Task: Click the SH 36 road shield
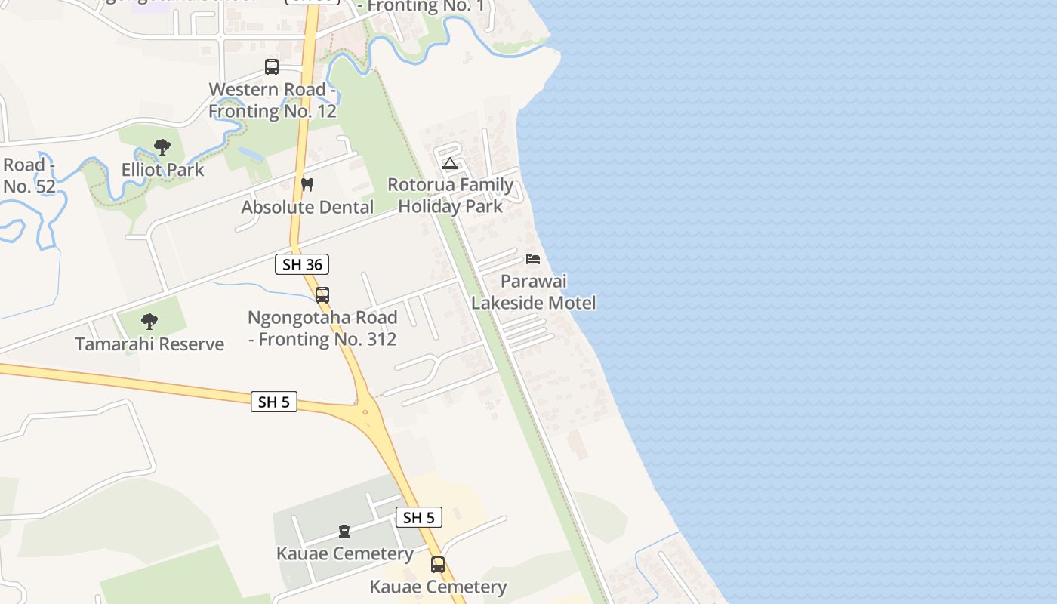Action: [x=302, y=264]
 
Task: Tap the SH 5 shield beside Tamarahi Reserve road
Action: [x=273, y=402]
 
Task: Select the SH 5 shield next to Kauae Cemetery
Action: [x=419, y=517]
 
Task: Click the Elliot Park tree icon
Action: [x=162, y=147]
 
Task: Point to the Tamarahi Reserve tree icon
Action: [x=149, y=322]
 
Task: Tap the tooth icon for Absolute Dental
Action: [x=307, y=184]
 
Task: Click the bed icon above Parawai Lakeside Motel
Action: [x=533, y=259]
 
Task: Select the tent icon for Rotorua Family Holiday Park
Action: [x=450, y=163]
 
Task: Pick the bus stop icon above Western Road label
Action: [x=272, y=67]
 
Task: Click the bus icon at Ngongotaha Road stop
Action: [x=322, y=294]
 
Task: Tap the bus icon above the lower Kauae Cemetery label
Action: [x=438, y=564]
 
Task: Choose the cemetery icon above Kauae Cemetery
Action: [x=344, y=532]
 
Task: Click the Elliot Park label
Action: [x=163, y=170]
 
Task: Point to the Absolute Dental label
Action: [x=307, y=207]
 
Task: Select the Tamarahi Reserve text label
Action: [x=149, y=344]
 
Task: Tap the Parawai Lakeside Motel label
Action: [x=534, y=292]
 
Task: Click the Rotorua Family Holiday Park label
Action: [x=451, y=196]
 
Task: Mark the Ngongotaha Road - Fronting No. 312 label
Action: [x=322, y=328]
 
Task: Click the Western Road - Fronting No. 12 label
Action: [x=272, y=100]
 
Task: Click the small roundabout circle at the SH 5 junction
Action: [x=365, y=411]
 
